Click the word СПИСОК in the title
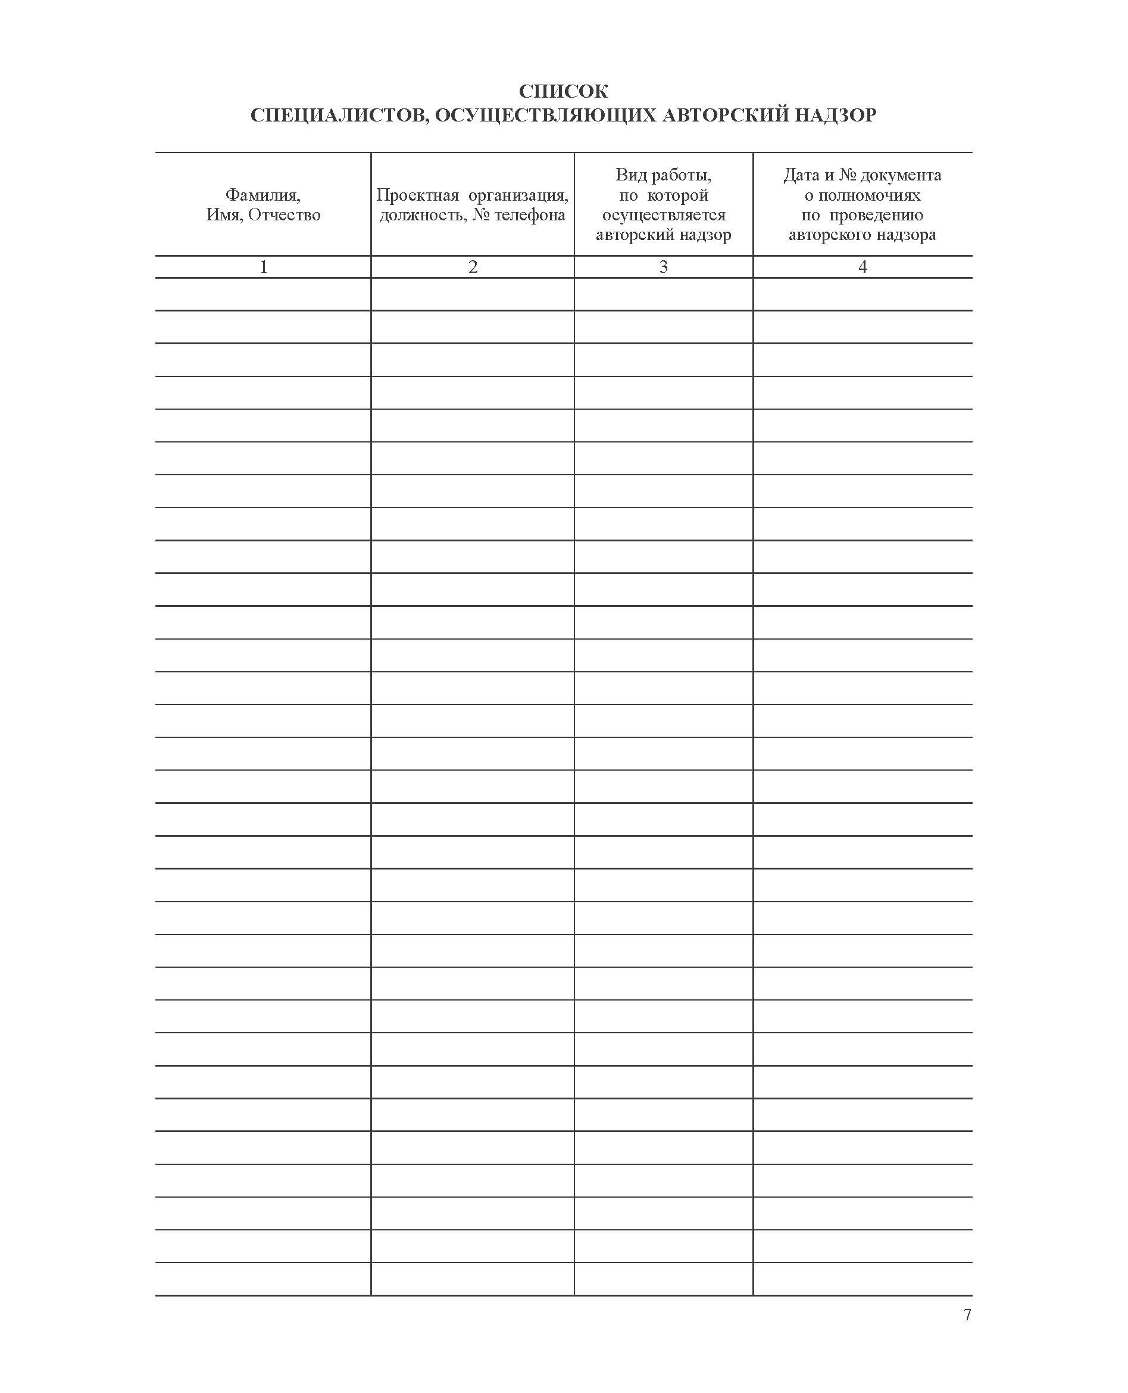click(563, 91)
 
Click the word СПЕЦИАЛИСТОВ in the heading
click(336, 115)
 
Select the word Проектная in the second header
click(417, 195)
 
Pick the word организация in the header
click(518, 195)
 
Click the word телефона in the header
click(530, 215)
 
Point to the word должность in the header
click(423, 215)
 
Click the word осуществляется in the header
click(664, 215)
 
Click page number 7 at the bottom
click(967, 1315)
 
